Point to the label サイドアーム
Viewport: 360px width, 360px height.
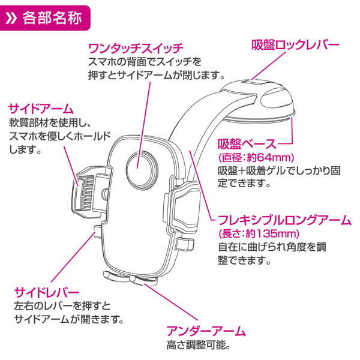[x=40, y=109]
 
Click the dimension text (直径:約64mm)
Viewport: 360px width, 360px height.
[x=254, y=157]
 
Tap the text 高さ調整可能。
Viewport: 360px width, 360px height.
[x=198, y=346]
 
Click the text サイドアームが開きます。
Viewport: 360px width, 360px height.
[x=69, y=319]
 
